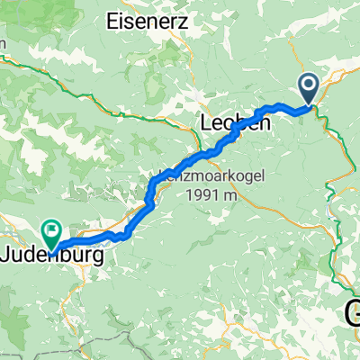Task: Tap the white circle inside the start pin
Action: (309, 85)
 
